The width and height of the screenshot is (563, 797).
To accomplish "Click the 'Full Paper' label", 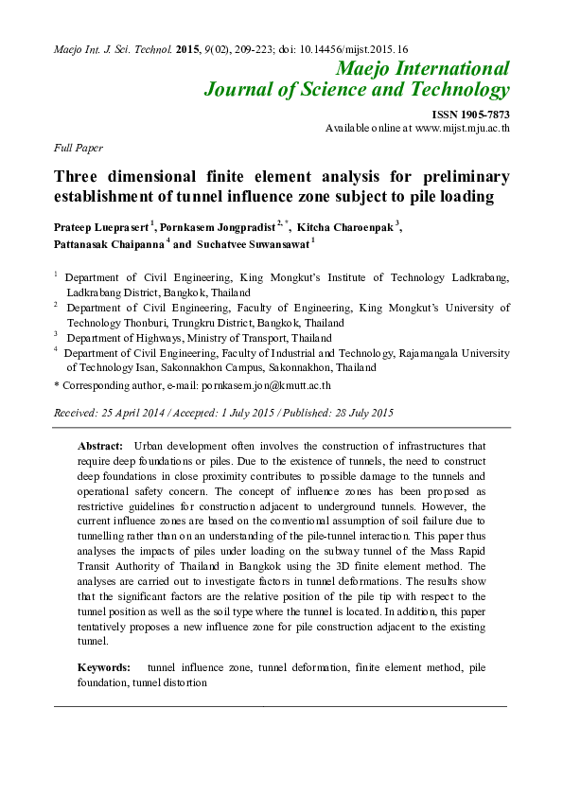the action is coord(79,148).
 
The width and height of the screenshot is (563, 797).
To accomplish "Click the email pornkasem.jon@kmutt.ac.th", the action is coord(266,385).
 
